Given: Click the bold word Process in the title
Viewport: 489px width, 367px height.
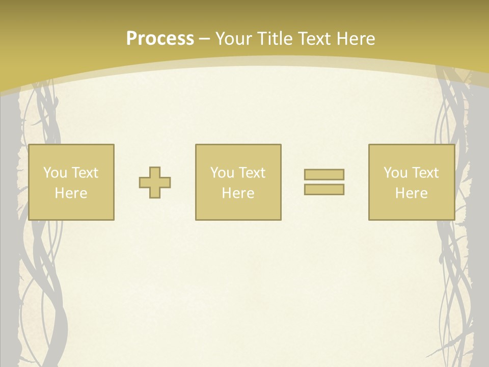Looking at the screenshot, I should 160,39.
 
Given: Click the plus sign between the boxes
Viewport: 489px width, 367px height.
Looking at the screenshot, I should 155,182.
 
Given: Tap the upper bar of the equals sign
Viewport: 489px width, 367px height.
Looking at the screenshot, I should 324,174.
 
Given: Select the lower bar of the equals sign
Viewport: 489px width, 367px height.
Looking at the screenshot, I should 324,190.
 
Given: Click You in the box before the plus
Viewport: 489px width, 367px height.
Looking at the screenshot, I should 55,173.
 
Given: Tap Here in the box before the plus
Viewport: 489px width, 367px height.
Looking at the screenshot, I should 71,193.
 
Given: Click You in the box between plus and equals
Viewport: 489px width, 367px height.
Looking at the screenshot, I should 222,173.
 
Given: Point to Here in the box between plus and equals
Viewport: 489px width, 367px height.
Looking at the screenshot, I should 238,193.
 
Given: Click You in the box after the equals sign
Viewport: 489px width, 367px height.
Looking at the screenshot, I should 395,173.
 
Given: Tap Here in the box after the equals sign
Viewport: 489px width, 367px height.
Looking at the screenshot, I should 411,193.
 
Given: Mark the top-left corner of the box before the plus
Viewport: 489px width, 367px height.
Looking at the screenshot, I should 29,145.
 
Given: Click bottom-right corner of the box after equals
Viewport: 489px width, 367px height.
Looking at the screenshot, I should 454,220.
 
